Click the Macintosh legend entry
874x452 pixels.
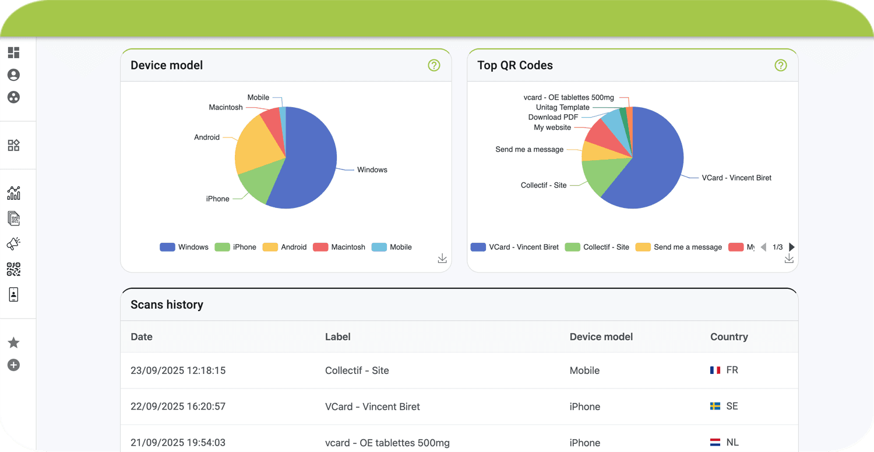point(339,247)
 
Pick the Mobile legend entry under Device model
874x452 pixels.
point(392,247)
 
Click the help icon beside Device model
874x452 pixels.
point(434,65)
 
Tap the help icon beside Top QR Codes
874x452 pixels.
point(781,65)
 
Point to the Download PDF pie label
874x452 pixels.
point(553,117)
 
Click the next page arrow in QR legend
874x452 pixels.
point(792,247)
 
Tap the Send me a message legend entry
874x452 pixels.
point(679,247)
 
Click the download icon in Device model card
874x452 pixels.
point(442,259)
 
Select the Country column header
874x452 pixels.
point(729,337)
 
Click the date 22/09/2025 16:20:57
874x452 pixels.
point(178,407)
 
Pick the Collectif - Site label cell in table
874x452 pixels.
point(357,370)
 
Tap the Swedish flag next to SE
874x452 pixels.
point(716,406)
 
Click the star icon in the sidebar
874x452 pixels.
point(13,343)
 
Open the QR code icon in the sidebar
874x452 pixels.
point(13,269)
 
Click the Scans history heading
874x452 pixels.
point(167,305)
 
